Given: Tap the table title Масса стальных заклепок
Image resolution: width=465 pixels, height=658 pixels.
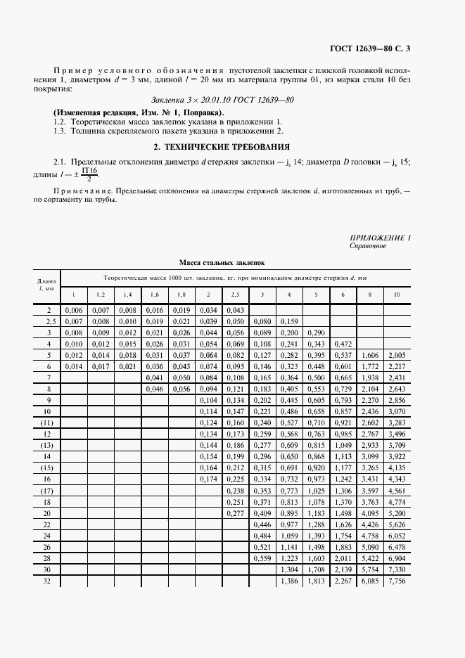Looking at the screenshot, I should pos(222,262).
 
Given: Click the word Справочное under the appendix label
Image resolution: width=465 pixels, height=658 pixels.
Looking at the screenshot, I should pos(368,246).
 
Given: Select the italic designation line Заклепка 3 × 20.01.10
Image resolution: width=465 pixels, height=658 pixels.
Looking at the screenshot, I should pos(222,100).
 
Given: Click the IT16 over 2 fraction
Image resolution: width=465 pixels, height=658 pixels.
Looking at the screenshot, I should pos(89,174).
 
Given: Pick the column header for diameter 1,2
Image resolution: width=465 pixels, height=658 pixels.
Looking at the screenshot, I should pos(100,294).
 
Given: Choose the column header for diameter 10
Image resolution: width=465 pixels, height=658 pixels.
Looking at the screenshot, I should pos(397,294).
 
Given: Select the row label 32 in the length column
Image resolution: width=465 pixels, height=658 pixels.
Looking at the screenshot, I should pos(49,582).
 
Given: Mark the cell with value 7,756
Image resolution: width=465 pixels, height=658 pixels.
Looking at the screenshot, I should pos(397,582).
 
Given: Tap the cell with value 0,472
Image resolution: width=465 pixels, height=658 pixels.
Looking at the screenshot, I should pos(343,344).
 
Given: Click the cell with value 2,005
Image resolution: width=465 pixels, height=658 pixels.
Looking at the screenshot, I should pos(397,355).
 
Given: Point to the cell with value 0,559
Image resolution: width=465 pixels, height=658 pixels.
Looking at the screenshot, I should pos(262,559).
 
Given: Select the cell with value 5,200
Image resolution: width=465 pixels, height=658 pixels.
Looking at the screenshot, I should pos(397,513).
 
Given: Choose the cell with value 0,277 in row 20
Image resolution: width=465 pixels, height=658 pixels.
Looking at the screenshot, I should pos(234,513).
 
